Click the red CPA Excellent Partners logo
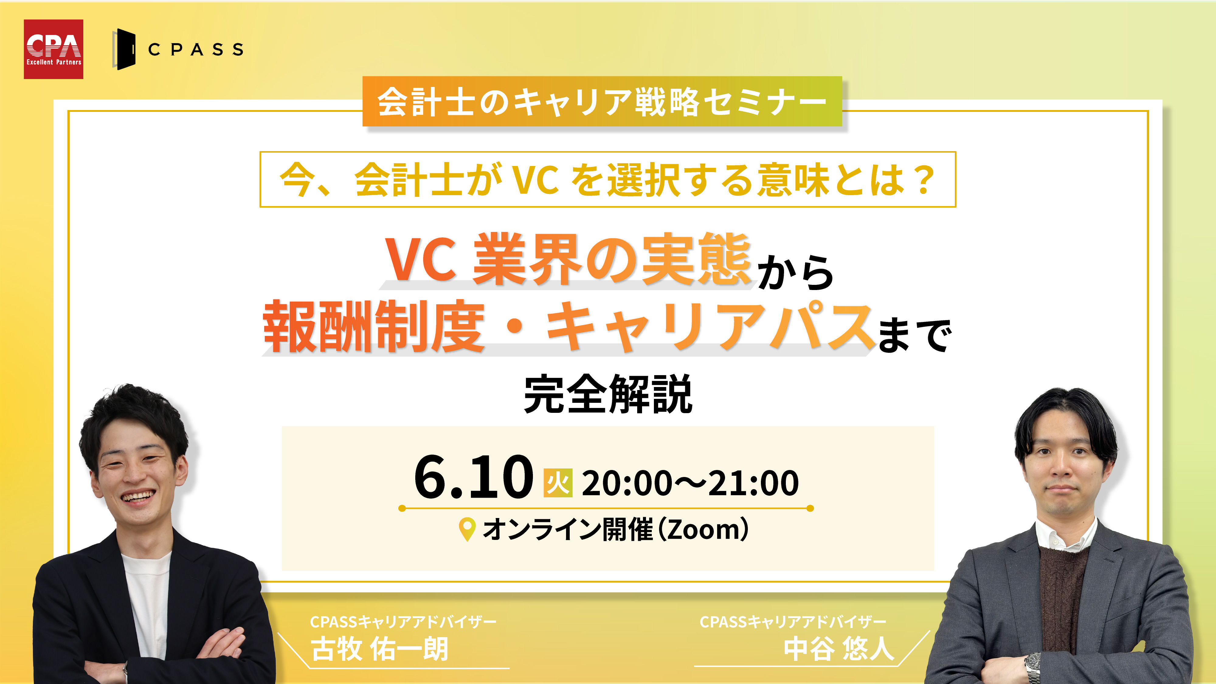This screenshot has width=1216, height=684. point(53,49)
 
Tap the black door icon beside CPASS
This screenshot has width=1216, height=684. point(125,49)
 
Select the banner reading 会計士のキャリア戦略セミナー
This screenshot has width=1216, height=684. point(602,102)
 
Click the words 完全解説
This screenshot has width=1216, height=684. point(608,395)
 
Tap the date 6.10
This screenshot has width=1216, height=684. point(473,478)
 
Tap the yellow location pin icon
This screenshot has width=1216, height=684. point(467,530)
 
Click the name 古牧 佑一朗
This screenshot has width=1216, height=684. point(379,649)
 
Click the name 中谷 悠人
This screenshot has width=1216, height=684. point(839,649)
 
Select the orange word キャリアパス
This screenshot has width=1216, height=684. point(708,327)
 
